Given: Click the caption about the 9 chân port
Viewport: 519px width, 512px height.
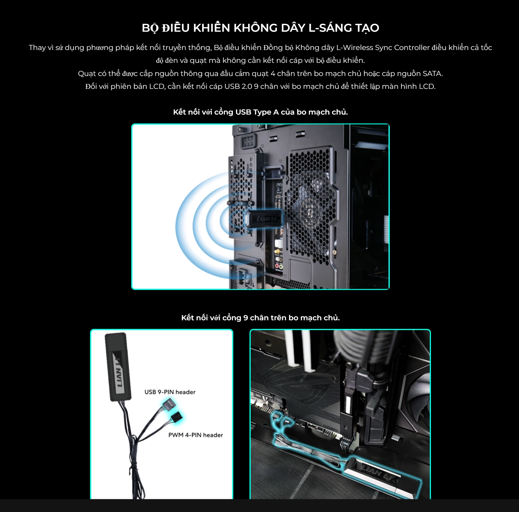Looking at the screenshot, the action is pyautogui.click(x=260, y=318).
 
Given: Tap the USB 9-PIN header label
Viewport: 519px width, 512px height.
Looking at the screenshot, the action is pyautogui.click(x=170, y=392).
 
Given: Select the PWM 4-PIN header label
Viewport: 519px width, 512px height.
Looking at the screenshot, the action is pyautogui.click(x=195, y=435).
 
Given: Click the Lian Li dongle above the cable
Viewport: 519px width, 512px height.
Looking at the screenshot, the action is pyautogui.click(x=117, y=367).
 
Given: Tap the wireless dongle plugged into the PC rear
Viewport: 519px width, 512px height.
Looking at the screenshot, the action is pyautogui.click(x=263, y=219).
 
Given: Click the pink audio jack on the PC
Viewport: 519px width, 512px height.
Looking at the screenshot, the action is pyautogui.click(x=277, y=266).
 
